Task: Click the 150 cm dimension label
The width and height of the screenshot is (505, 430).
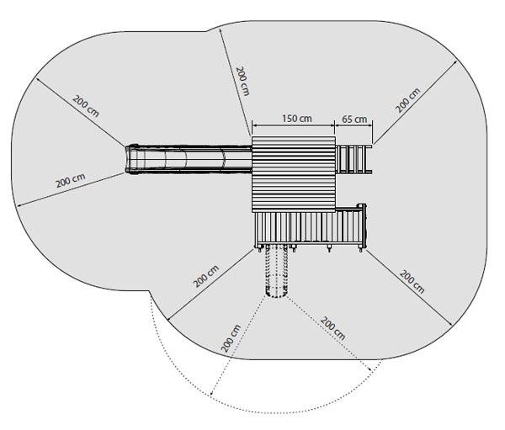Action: coord(297,118)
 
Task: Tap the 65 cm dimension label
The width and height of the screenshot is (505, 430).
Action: coord(354,119)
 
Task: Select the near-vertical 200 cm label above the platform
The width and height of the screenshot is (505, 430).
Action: coord(243,81)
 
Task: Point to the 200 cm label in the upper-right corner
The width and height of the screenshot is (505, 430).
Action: coord(408,100)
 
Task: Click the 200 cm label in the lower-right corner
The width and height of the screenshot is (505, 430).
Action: coord(412,282)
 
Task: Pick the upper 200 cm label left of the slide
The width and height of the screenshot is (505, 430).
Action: coord(86,106)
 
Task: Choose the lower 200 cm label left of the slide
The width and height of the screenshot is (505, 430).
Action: coord(71,180)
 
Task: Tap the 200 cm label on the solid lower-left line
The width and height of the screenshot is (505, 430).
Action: coord(206,276)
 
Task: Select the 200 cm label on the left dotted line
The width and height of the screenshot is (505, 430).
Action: coord(231,338)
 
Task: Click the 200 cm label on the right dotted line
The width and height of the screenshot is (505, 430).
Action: coord(332,328)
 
